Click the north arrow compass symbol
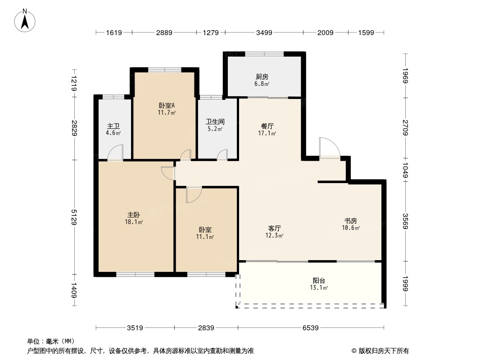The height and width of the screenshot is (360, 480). pos(26,20)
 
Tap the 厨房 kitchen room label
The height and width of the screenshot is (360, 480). pos(262,76)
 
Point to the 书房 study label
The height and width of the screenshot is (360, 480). pos(351,220)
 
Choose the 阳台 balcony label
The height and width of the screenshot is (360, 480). pos(319,281)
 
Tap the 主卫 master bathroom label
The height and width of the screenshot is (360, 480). pos(113,126)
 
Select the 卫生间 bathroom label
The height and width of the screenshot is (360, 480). pos(215,121)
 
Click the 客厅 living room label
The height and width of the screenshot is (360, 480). pos(274,228)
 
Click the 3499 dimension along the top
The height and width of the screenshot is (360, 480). pos(264,32)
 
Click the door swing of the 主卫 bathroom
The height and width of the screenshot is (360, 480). pos(115,153)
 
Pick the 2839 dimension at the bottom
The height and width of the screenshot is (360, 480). pos(206,328)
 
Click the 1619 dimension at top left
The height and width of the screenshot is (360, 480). pos(114,32)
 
